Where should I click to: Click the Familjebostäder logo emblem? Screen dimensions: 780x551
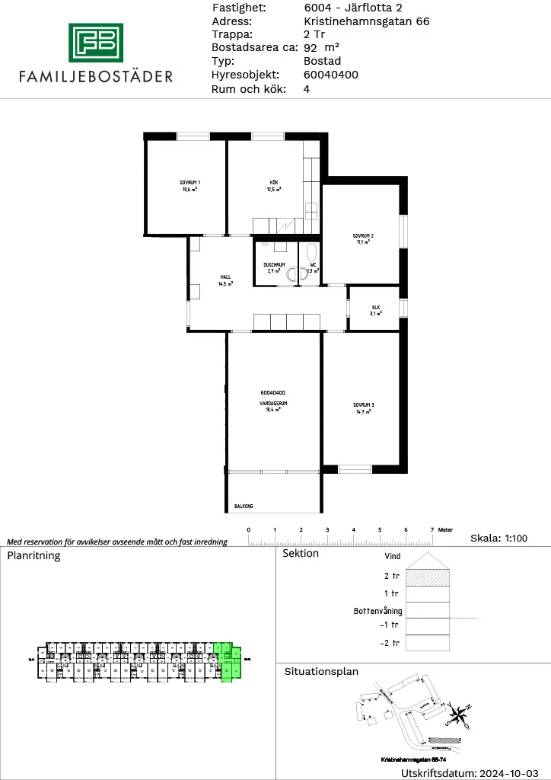pyautogui.click(x=96, y=43)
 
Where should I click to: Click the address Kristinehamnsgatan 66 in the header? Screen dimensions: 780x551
pyautogui.click(x=366, y=21)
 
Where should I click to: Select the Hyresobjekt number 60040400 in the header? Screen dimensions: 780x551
pyautogui.click(x=330, y=75)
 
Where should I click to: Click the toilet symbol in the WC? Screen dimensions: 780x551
pyautogui.click(x=311, y=253)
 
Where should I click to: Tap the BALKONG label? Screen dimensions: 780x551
pyautogui.click(x=244, y=506)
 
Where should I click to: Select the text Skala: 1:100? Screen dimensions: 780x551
pyautogui.click(x=498, y=539)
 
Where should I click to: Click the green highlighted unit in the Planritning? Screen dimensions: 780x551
pyautogui.click(x=226, y=660)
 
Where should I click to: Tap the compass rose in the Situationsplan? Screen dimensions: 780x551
pyautogui.click(x=459, y=714)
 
